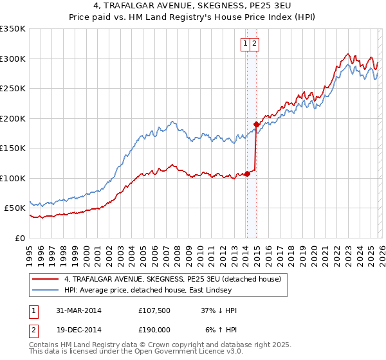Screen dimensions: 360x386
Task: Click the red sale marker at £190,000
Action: tap(256, 124)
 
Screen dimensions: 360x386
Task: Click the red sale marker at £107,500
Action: tap(247, 174)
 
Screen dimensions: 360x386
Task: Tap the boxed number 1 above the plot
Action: tap(246, 44)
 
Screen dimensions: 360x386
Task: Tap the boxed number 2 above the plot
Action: tap(254, 44)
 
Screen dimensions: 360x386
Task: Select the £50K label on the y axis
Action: tap(15, 208)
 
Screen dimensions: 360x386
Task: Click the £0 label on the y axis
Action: tap(19, 238)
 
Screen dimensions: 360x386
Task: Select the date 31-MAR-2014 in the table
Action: tap(78, 310)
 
